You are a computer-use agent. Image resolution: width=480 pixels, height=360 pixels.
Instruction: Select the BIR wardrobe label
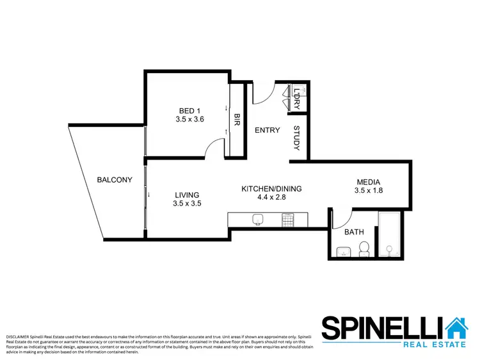237,120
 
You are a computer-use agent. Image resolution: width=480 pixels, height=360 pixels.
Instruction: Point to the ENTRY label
267,131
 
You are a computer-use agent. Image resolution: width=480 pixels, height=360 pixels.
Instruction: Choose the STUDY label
296,138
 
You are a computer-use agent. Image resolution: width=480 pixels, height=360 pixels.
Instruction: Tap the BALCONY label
115,180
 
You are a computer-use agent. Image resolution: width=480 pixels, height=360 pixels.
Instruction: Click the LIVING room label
186,195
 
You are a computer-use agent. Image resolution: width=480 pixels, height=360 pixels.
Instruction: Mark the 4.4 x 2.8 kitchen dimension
271,198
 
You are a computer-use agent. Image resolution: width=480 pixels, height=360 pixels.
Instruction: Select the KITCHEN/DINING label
271,189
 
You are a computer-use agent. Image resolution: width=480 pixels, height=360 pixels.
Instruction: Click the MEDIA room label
368,181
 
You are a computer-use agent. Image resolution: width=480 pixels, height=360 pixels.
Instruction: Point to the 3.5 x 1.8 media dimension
368,190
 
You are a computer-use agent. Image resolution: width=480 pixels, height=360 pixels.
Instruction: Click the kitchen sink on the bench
257,220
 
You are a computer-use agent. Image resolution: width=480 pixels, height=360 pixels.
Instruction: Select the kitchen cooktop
288,220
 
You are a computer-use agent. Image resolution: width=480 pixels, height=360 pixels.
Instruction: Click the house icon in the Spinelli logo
457,327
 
